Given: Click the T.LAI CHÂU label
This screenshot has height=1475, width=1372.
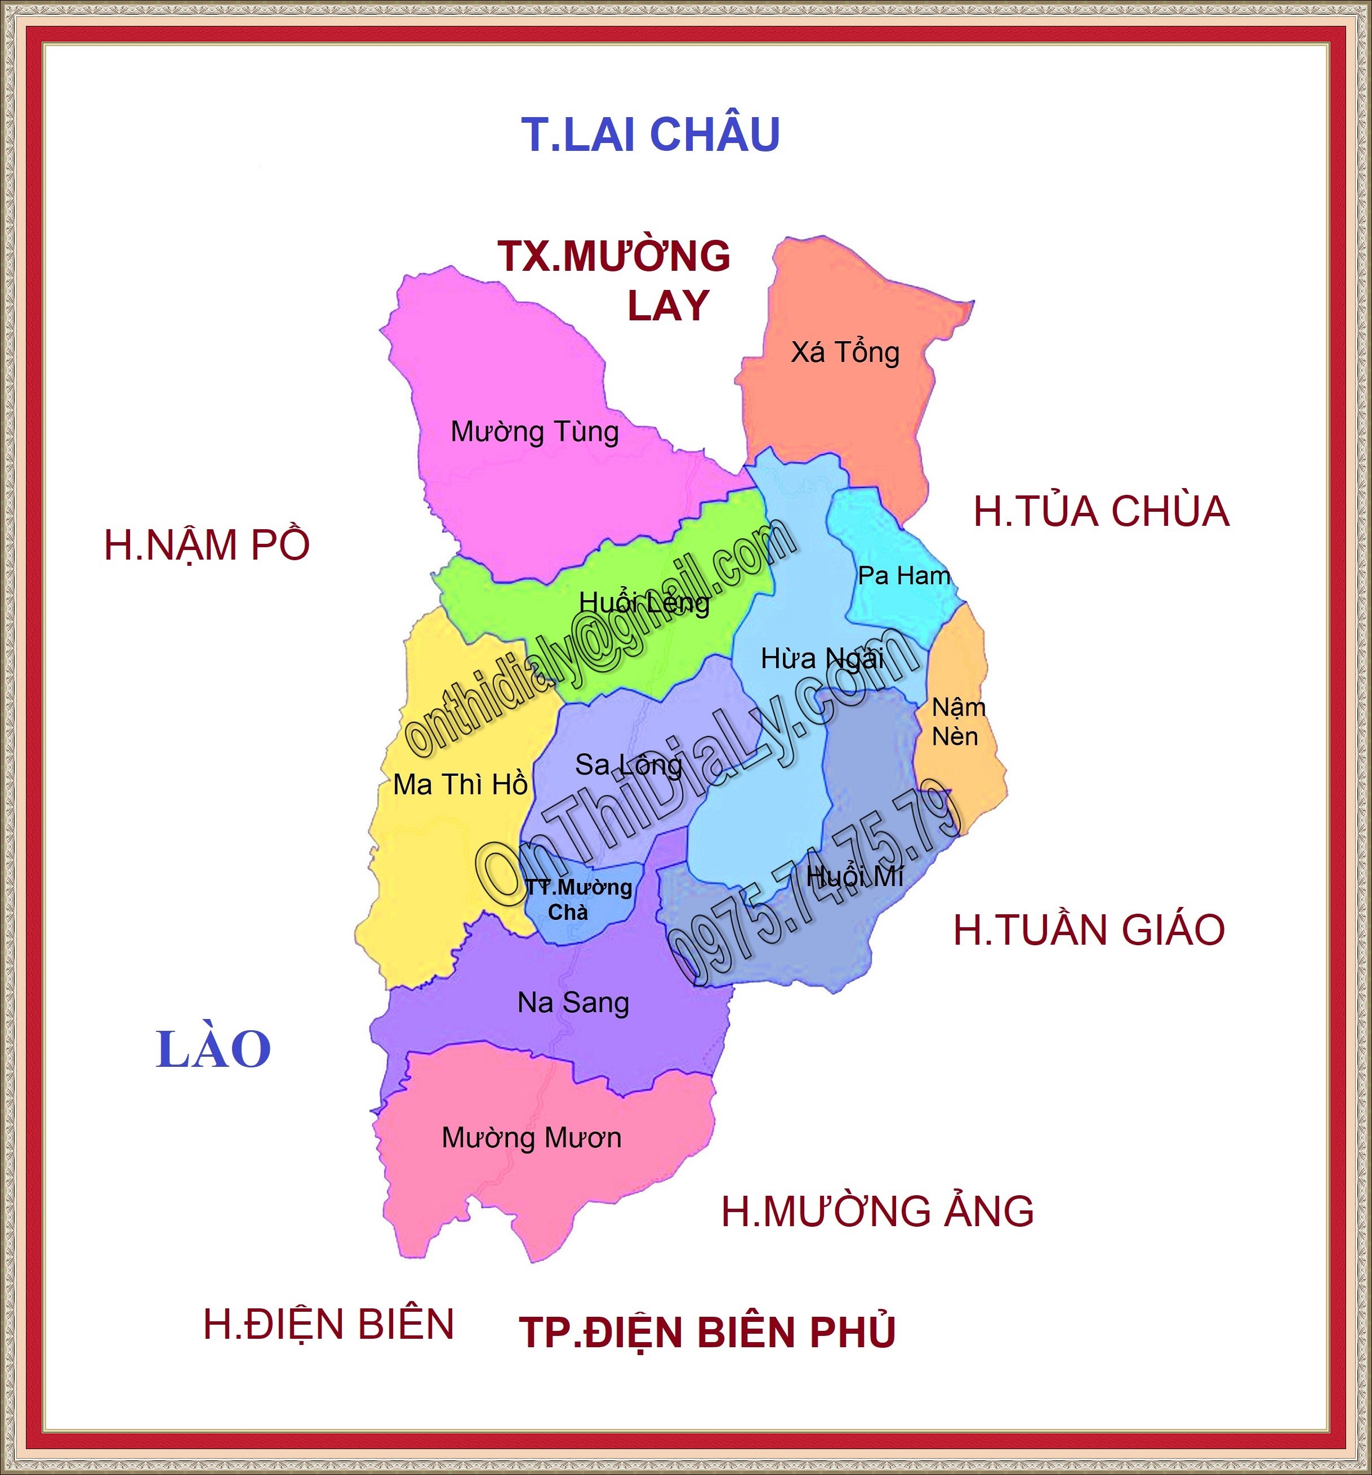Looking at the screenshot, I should click(x=651, y=135).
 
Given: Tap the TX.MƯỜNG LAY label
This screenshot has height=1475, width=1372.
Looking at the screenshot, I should click(x=614, y=280).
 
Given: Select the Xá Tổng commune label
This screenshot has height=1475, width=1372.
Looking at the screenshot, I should click(x=845, y=352).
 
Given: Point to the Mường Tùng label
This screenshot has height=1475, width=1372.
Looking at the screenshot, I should click(x=534, y=432).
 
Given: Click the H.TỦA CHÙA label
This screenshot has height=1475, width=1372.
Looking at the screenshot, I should click(x=1101, y=512).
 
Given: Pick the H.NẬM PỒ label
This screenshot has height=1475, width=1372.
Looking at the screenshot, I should click(x=206, y=546).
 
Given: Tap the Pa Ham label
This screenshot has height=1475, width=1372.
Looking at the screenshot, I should click(x=903, y=575).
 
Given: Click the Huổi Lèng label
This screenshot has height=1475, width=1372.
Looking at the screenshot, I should click(x=644, y=602).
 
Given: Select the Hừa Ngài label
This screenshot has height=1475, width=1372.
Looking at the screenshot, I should click(x=822, y=658).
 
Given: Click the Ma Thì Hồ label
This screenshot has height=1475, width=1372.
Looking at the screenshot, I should click(x=460, y=784).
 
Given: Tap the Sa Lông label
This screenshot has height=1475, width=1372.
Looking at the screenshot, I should click(x=628, y=765).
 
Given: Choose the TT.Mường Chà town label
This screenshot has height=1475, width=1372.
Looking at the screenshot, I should click(x=578, y=899).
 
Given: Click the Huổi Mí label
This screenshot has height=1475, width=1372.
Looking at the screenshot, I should click(x=854, y=876).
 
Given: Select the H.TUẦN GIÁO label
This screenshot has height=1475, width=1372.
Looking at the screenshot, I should click(x=1088, y=931).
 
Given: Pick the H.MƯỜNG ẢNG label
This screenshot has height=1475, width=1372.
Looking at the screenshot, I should click(x=877, y=1212).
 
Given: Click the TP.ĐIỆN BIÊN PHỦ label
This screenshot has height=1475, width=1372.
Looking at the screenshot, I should click(x=707, y=1332).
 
